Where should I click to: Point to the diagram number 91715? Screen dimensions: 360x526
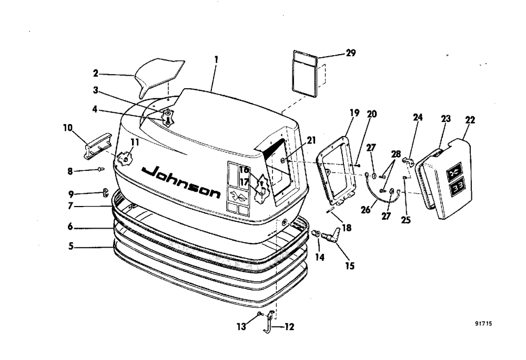point(486,324)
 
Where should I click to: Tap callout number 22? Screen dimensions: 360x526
point(470,120)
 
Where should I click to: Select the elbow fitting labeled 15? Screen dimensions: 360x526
point(331,235)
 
